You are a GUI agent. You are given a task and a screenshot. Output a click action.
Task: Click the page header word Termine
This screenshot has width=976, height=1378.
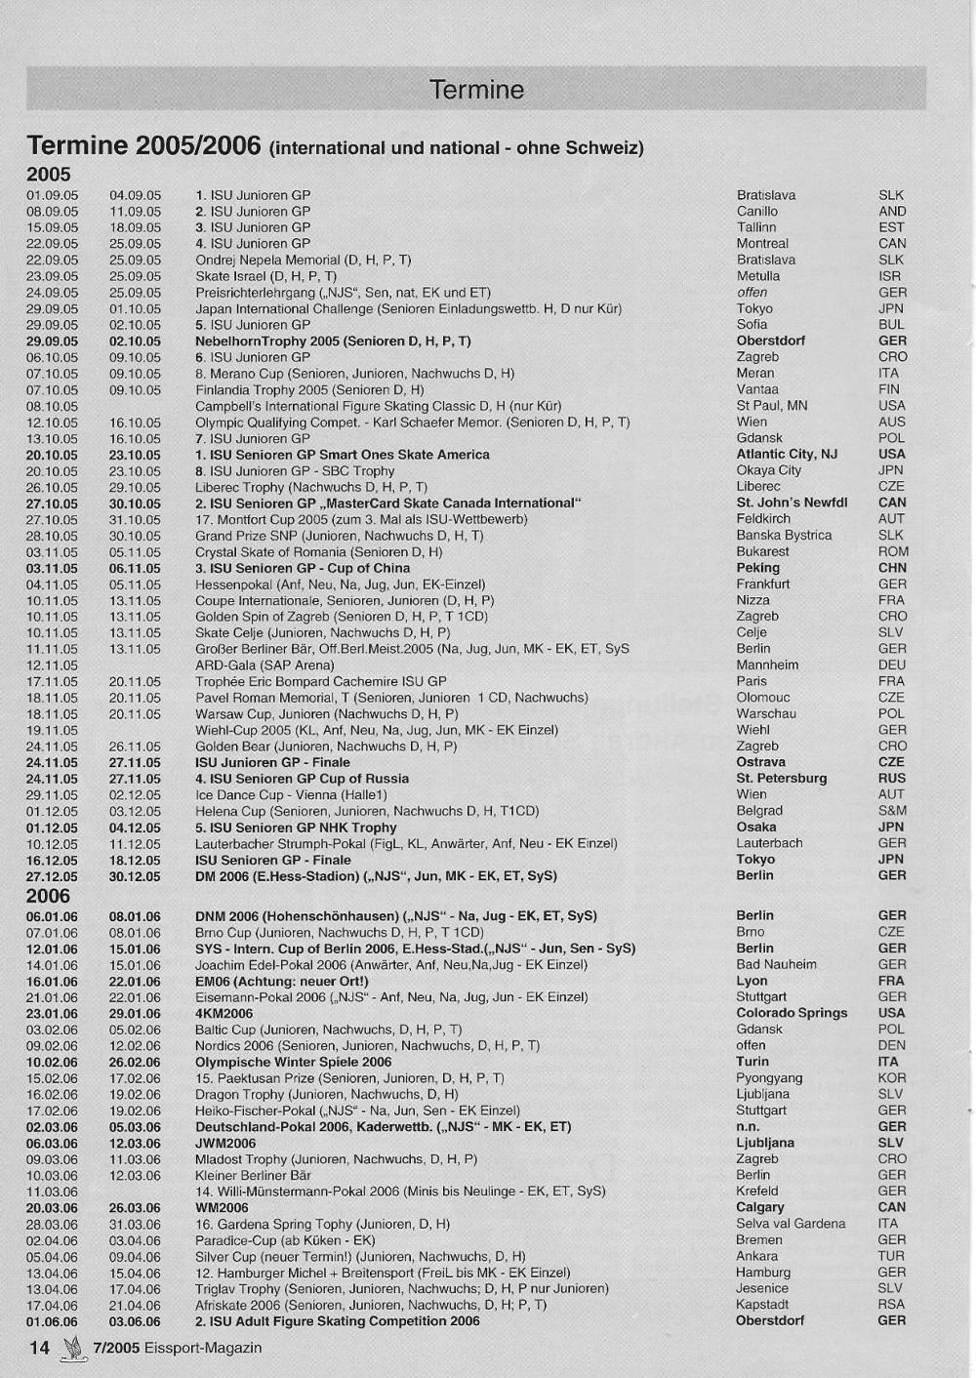click(x=476, y=90)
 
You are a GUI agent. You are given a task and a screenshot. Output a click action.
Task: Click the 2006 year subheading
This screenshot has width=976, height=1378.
click(x=48, y=896)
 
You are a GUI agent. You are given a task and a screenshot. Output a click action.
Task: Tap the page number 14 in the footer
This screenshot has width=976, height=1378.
click(x=38, y=1348)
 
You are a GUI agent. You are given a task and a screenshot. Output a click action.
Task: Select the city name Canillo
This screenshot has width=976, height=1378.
click(x=757, y=211)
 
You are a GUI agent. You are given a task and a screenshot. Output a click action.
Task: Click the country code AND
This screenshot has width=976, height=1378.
click(x=892, y=211)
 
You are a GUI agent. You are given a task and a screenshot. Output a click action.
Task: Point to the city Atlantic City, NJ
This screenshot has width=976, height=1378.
click(x=787, y=454)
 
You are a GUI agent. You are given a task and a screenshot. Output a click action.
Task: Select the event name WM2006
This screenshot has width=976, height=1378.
click(x=222, y=1207)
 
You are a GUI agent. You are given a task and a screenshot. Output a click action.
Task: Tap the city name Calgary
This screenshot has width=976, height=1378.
click(x=760, y=1207)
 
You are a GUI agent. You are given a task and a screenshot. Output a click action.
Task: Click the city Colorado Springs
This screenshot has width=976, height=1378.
click(x=792, y=1013)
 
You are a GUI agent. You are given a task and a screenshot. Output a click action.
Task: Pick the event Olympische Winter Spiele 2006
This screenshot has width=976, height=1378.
click(x=293, y=1062)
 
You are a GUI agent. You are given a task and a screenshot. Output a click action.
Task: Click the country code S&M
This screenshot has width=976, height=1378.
click(x=892, y=810)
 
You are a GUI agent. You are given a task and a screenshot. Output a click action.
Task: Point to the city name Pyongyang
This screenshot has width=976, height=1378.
click(x=769, y=1077)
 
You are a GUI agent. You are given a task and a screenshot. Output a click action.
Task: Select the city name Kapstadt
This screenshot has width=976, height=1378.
click(x=763, y=1304)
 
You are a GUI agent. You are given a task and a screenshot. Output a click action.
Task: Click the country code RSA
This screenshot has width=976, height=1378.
click(x=891, y=1304)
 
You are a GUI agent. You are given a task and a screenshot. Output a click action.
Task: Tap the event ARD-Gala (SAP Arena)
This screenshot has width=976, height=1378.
click(x=264, y=665)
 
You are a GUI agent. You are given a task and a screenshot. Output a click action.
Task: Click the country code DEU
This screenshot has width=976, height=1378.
click(x=892, y=665)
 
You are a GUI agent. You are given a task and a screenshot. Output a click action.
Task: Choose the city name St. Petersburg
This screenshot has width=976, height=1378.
click(x=781, y=778)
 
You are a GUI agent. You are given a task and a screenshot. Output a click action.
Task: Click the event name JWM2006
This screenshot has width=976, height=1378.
click(x=225, y=1143)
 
